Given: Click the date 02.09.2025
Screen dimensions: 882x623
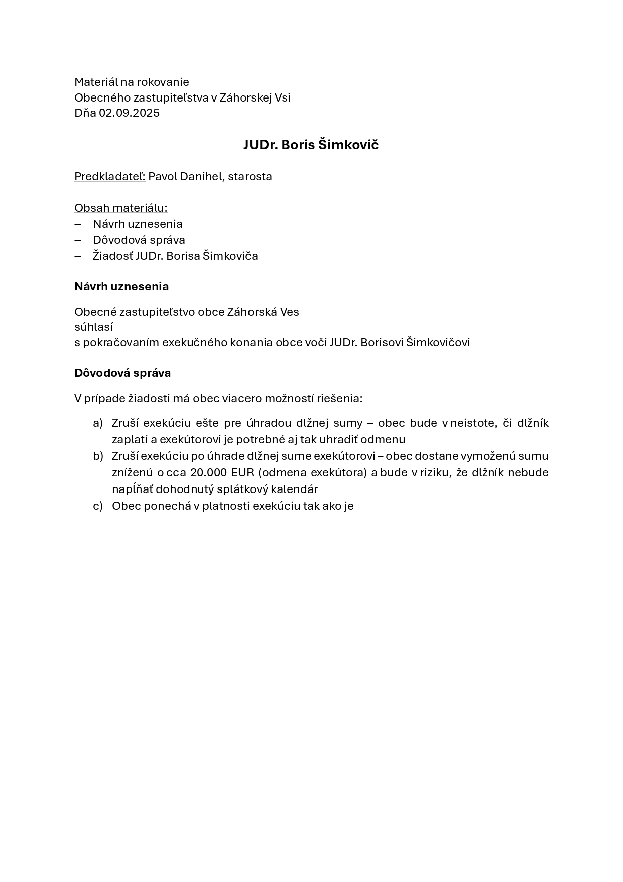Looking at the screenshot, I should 129,113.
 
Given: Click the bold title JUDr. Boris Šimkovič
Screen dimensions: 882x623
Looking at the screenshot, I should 311,145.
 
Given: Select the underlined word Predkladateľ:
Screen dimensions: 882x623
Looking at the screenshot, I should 110,176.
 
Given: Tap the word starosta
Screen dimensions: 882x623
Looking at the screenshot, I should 250,176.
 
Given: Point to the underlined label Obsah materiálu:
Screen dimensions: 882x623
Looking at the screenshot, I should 121,208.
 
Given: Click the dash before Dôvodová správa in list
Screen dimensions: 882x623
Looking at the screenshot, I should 78,240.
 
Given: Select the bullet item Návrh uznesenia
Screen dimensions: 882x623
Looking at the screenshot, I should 138,224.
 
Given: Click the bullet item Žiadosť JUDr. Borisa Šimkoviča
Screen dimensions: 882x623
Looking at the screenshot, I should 175,256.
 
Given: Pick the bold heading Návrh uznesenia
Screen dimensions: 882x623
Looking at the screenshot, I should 121,286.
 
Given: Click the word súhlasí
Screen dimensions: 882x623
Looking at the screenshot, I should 93,327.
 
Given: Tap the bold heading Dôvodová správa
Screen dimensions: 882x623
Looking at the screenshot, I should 122,373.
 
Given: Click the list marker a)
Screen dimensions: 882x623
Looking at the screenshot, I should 98,423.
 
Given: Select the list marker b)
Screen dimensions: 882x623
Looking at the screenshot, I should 98,456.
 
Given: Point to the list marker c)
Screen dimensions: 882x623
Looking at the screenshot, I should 98,506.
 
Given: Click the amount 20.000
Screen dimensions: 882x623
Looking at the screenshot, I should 208,472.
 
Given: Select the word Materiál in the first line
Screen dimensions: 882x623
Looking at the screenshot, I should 96,82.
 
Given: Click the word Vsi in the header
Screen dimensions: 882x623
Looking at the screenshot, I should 283,97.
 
